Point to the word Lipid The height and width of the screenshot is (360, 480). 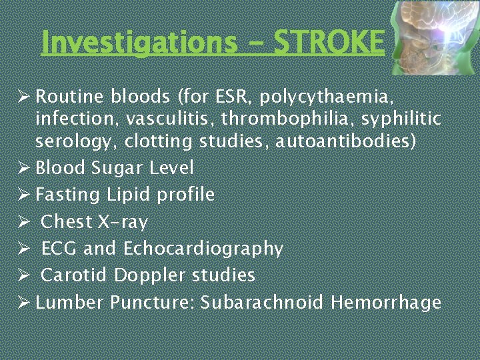129,195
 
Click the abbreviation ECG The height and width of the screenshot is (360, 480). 59,249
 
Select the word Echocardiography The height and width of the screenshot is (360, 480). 203,249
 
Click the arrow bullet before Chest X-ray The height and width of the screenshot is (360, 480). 22,221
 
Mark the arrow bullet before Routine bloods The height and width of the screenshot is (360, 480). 22,97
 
